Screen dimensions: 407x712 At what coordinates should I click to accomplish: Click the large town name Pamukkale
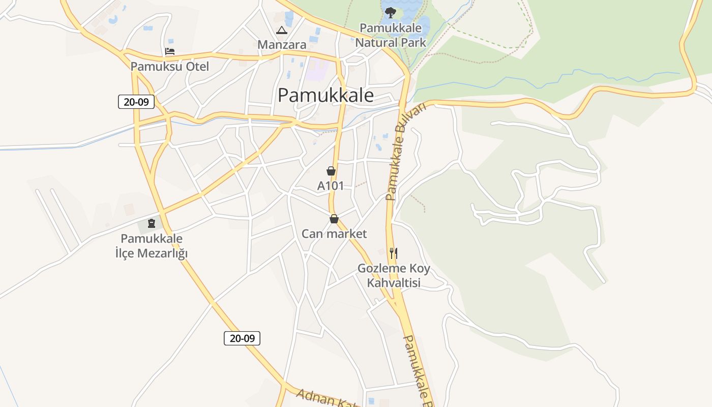tap(326, 95)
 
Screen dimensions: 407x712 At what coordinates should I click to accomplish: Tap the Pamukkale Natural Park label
tap(391, 35)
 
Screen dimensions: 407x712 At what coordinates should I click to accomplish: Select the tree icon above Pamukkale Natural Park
tap(390, 12)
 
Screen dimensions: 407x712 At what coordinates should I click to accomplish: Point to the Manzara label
tap(282, 45)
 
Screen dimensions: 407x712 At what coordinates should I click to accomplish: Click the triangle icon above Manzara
tap(281, 30)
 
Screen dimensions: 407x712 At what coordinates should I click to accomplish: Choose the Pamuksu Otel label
tap(170, 66)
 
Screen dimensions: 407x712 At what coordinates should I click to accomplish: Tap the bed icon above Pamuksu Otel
tap(170, 51)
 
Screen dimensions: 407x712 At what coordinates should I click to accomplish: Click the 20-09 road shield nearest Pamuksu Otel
tap(136, 102)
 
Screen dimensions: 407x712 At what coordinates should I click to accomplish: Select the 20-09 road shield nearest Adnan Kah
tap(242, 338)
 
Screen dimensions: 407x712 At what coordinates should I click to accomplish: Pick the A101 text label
tap(331, 186)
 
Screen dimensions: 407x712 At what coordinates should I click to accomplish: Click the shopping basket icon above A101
tap(331, 171)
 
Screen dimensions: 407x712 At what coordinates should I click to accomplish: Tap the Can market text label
tap(334, 234)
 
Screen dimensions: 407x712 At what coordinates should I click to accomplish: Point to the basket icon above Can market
tap(334, 219)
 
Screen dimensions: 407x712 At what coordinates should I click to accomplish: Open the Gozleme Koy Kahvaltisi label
tap(394, 275)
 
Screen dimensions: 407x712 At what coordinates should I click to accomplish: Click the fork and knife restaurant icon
tap(393, 253)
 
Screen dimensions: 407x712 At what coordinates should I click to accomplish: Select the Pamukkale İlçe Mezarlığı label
tap(152, 246)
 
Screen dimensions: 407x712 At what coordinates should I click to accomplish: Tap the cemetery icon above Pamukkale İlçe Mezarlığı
tap(151, 223)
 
